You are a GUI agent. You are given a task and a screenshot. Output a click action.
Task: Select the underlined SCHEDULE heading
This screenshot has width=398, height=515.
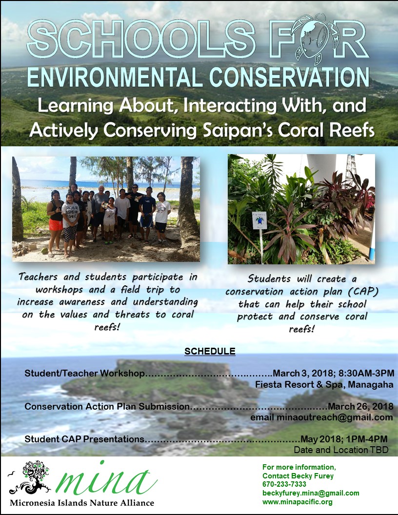210,352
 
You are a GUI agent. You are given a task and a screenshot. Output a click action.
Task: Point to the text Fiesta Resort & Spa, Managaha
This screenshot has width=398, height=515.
324,384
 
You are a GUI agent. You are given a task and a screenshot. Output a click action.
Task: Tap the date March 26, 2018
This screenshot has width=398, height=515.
360,406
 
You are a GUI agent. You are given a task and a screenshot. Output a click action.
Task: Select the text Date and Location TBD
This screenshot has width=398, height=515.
341,450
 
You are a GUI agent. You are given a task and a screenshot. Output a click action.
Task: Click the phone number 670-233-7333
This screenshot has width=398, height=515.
284,484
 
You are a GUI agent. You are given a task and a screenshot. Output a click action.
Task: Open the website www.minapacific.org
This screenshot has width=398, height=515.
297,502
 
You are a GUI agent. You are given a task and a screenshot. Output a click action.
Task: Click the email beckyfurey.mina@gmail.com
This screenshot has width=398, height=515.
311,493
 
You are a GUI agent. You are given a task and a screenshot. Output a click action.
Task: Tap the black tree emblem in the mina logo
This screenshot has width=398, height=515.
32,477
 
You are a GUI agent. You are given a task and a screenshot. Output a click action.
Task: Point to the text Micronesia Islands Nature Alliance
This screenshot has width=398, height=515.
82,503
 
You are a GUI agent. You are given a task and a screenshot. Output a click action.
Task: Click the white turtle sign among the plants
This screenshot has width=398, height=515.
259,220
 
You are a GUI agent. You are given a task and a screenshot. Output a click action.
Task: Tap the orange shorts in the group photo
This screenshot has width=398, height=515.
56,225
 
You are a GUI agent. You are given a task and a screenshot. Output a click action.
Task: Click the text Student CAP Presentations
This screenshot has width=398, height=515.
84,439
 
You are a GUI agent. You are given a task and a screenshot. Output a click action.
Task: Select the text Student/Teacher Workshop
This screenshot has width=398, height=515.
84,373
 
